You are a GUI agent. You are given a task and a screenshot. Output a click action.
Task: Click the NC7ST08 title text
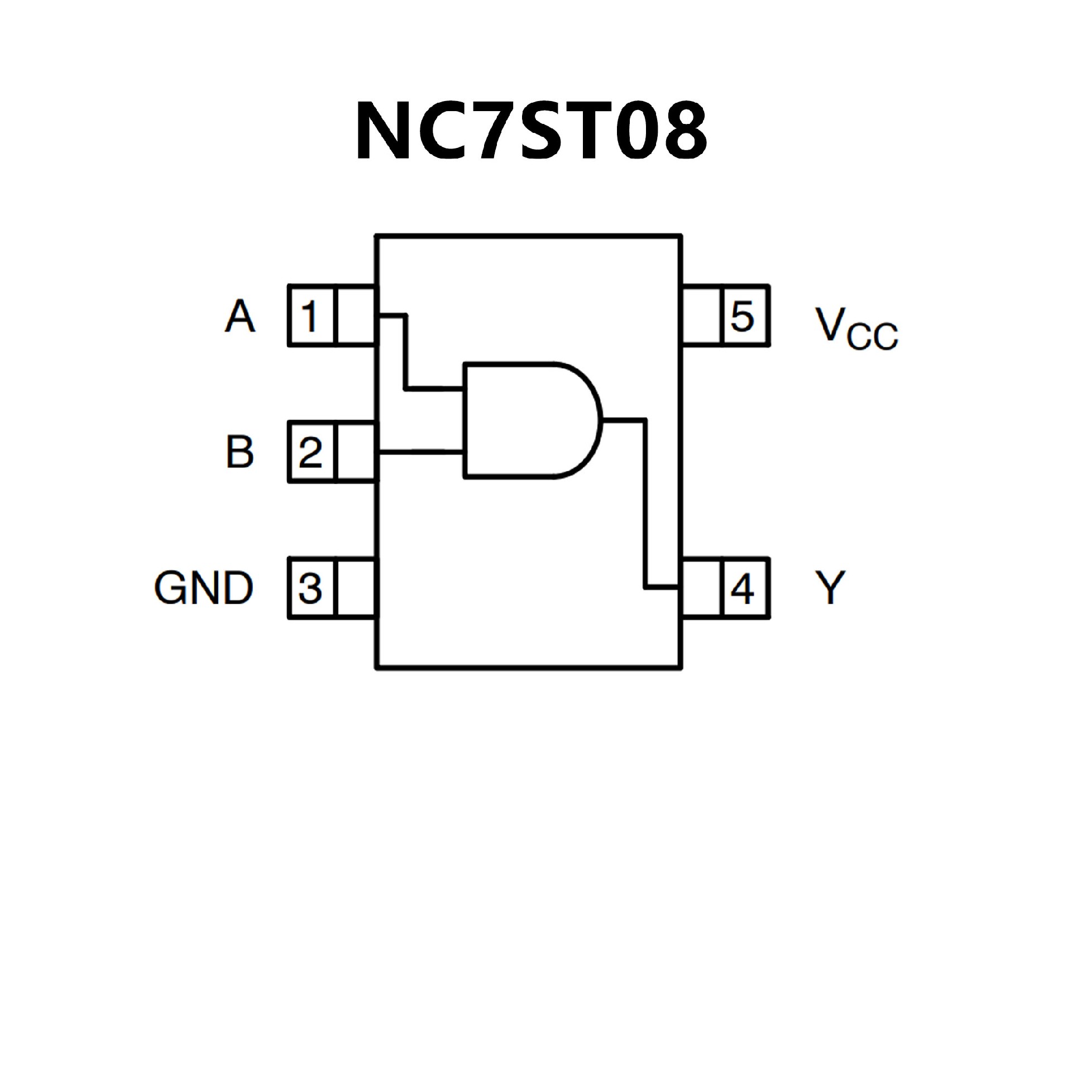click(x=531, y=132)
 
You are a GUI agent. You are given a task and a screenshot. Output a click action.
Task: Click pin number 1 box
click(x=311, y=315)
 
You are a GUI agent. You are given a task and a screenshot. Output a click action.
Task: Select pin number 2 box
click(x=311, y=452)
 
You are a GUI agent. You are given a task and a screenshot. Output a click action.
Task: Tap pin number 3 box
click(x=311, y=587)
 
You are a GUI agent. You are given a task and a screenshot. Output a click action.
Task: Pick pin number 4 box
click(x=744, y=587)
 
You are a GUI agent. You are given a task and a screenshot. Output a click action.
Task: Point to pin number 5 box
click(x=744, y=315)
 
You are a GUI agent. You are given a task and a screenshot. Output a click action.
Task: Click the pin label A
click(x=240, y=317)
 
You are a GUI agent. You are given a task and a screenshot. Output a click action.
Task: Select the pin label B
click(x=240, y=452)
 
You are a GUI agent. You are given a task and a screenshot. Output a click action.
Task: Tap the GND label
click(x=204, y=588)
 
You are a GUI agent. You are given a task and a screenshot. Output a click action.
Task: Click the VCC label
click(x=856, y=329)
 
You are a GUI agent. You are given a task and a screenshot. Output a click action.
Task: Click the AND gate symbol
click(x=530, y=420)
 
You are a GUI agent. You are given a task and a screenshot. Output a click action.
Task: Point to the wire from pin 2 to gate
click(x=421, y=452)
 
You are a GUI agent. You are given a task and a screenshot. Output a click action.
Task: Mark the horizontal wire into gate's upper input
click(x=434, y=387)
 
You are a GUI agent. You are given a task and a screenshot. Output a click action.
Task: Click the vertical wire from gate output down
click(x=646, y=502)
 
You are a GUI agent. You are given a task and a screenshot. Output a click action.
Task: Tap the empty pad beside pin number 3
click(x=356, y=587)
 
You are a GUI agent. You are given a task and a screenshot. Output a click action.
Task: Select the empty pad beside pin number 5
click(x=701, y=315)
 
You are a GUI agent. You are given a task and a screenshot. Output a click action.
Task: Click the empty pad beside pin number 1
click(x=356, y=315)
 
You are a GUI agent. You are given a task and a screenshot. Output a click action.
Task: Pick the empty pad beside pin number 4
click(x=701, y=587)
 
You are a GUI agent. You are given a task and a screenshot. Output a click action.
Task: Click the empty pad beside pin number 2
click(x=356, y=452)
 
